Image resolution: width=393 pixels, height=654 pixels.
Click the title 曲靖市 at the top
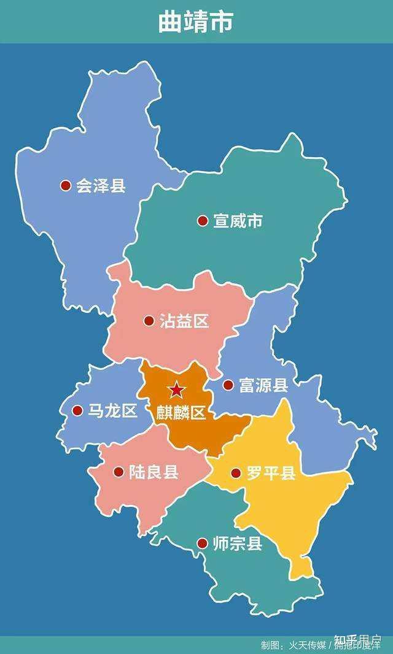coord(196,21)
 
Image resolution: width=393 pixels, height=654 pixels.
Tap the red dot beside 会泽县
coord(66,185)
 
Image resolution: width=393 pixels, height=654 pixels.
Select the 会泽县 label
coord(101,185)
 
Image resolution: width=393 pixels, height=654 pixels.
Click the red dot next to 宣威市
coord(203,221)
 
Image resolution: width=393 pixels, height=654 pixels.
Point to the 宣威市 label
coord(238,221)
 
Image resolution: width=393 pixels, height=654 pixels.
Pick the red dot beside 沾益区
coord(149,320)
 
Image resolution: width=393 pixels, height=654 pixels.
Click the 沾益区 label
coord(185,320)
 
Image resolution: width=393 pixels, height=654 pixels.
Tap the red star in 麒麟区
coord(177,389)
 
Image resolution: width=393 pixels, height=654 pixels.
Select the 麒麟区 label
coord(181,412)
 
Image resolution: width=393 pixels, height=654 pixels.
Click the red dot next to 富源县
coord(228,385)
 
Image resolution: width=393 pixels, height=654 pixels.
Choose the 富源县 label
coord(263,385)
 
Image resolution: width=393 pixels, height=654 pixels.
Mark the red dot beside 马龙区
coord(77,410)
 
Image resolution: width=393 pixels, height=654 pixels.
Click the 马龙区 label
coord(112,410)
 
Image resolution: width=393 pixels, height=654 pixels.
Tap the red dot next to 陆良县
coord(119,472)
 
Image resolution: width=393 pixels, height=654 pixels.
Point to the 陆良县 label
coord(154,472)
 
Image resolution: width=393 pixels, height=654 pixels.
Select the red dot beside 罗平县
coord(236,473)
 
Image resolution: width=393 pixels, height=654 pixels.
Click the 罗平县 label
coord(271,473)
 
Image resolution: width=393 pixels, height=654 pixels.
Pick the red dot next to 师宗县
coord(202,544)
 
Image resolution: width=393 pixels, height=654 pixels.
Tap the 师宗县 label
coord(238,544)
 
